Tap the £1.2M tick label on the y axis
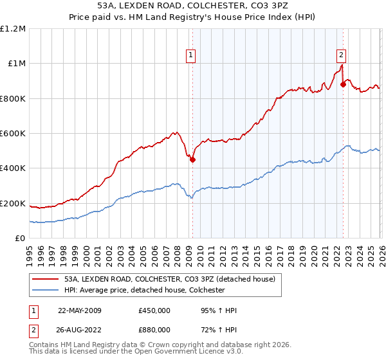tap(13, 29)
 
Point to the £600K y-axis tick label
tap(13, 134)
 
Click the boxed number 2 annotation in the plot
tap(342, 55)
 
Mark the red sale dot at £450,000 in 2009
tap(192, 160)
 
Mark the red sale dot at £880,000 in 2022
tap(343, 85)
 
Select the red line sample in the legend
tap(46, 279)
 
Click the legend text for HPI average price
tap(144, 290)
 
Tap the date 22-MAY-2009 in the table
tap(79, 310)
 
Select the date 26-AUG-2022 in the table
tap(79, 332)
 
